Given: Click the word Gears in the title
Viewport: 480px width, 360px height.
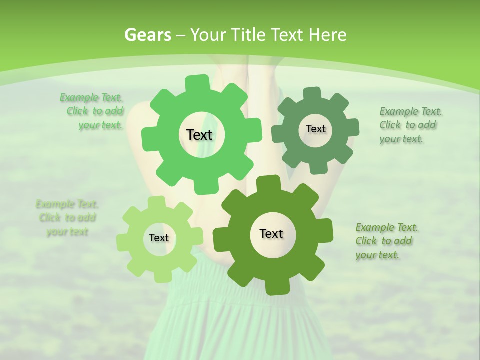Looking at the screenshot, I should coord(147,35).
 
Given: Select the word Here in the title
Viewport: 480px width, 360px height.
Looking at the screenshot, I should coord(328,35).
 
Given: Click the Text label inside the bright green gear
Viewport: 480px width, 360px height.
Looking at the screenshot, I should coord(199,135).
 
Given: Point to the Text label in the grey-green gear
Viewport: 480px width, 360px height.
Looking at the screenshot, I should coord(315,129).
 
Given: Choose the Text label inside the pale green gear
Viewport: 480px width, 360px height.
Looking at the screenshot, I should coord(159,238).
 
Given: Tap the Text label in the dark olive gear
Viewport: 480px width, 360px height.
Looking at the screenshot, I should coord(271,233).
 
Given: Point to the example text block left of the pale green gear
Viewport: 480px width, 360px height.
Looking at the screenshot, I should coord(67,218).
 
